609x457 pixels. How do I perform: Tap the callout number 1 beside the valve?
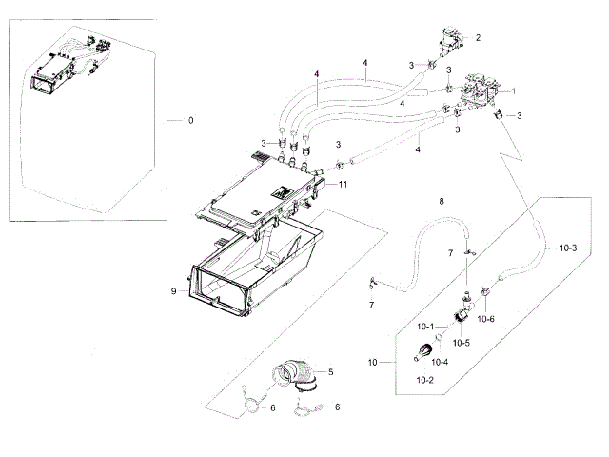[x=513, y=91]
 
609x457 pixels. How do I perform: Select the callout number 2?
[x=478, y=38]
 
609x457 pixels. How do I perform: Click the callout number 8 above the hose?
[x=441, y=202]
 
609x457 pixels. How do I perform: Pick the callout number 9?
[x=173, y=291]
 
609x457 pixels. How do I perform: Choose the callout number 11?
[x=344, y=183]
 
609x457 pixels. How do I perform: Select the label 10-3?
[x=568, y=248]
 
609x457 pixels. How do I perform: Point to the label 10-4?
[x=441, y=361]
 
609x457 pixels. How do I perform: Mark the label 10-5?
[x=462, y=343]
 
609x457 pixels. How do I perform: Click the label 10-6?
[x=485, y=319]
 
